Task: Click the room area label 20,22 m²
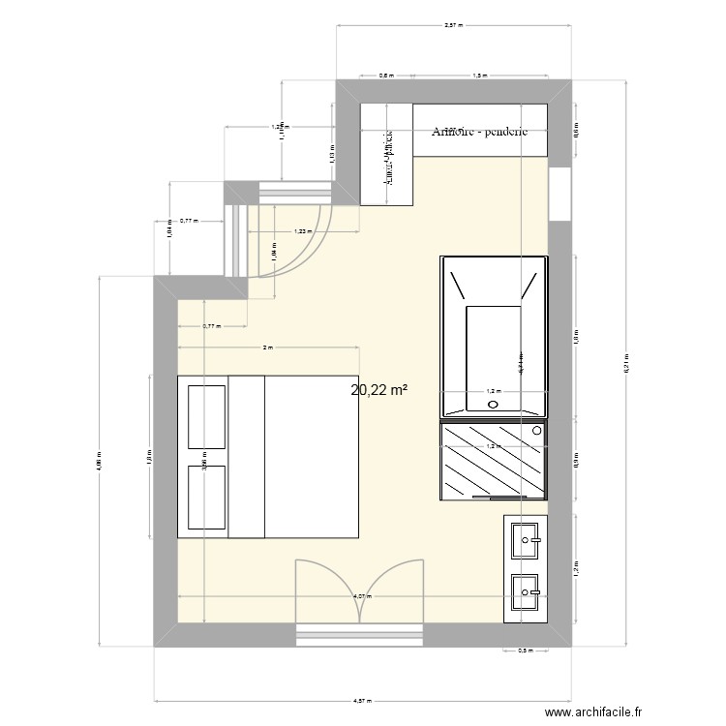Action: point(378,390)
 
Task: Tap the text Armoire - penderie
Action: point(480,133)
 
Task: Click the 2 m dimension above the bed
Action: point(268,347)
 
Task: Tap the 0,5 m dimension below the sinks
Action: point(526,650)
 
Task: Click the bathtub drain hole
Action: point(494,405)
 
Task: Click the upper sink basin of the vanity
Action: point(528,537)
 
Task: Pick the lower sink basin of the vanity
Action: point(528,588)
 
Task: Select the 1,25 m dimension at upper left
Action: point(281,126)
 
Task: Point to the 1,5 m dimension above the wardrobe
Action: point(480,75)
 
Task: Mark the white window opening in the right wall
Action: point(560,195)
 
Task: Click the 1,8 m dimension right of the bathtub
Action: point(575,337)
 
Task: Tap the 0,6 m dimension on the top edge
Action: point(385,75)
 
